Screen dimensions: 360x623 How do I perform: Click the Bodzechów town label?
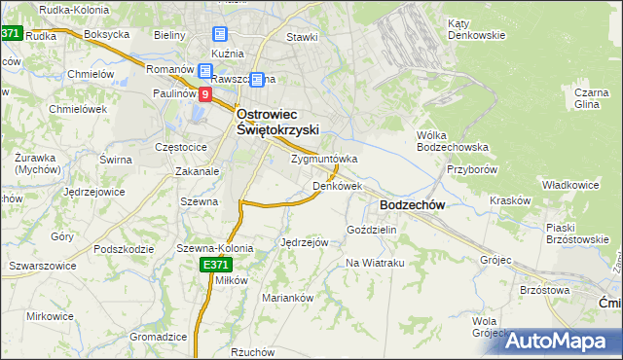click(x=412, y=205)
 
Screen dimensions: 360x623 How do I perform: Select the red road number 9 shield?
click(x=205, y=94)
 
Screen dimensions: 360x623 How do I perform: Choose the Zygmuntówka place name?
click(x=324, y=159)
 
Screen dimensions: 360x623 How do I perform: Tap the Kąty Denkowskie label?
click(x=476, y=29)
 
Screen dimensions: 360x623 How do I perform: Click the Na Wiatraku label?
click(x=375, y=263)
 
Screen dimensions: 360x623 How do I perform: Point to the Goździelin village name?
click(x=372, y=230)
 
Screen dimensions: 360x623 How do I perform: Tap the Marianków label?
click(x=288, y=298)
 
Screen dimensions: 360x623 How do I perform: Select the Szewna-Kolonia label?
click(x=214, y=248)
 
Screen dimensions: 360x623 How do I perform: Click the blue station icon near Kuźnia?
click(x=220, y=32)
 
